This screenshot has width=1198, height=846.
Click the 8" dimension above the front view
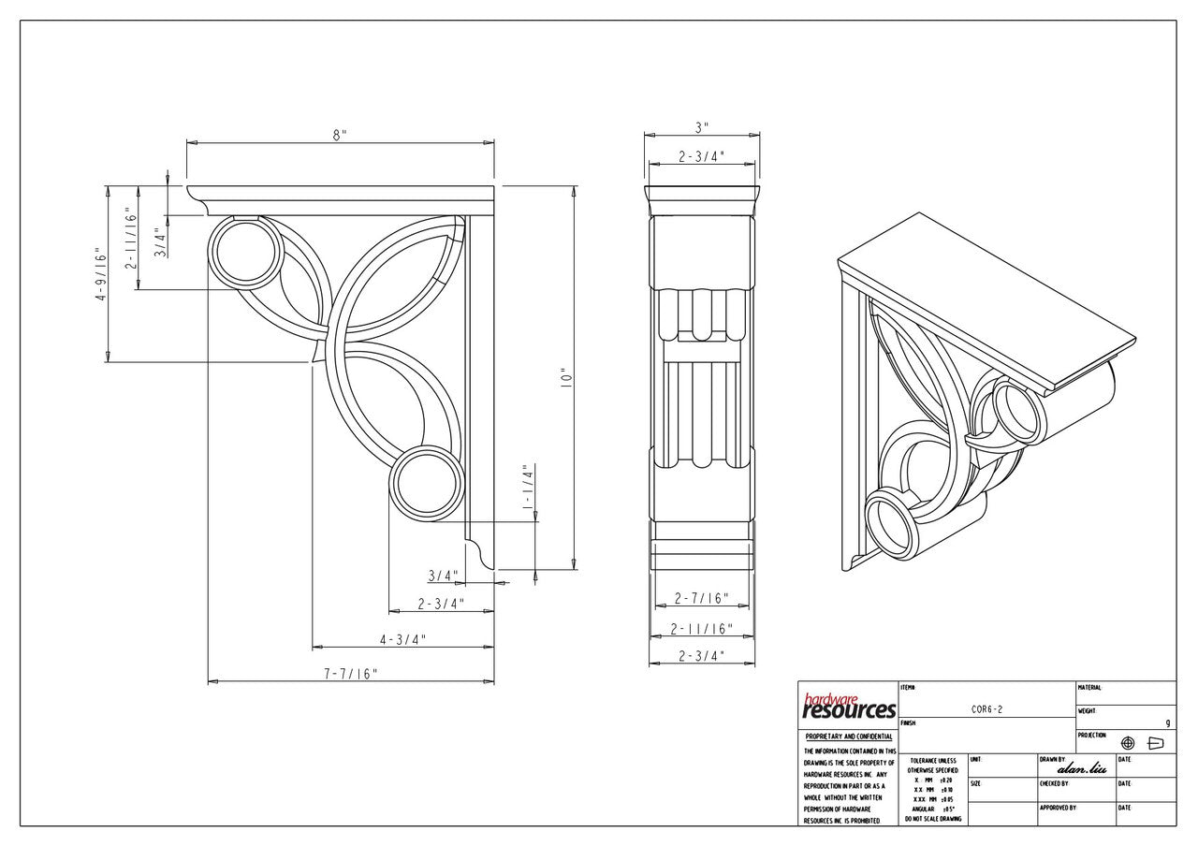tap(339, 135)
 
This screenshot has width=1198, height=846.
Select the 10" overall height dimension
tap(563, 379)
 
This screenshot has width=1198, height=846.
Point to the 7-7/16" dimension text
tap(350, 673)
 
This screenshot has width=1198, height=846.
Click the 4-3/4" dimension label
tap(402, 639)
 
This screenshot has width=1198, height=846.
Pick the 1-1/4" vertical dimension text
tap(527, 487)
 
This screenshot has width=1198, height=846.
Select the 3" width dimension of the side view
tap(701, 126)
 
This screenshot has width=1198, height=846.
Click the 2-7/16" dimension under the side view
tap(701, 598)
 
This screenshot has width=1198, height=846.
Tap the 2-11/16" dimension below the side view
tap(701, 629)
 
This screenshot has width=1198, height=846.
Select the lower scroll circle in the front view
tap(426, 484)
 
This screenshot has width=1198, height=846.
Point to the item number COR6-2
tap(987, 710)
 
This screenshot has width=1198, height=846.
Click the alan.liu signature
tap(1081, 768)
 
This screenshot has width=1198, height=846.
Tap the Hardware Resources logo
tap(849, 707)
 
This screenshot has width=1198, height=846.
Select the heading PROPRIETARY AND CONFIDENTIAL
tap(849, 737)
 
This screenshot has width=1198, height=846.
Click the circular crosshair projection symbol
tap(1128, 743)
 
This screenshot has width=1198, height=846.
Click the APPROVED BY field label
tap(1058, 807)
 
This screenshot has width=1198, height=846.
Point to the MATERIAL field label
tap(1089, 687)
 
